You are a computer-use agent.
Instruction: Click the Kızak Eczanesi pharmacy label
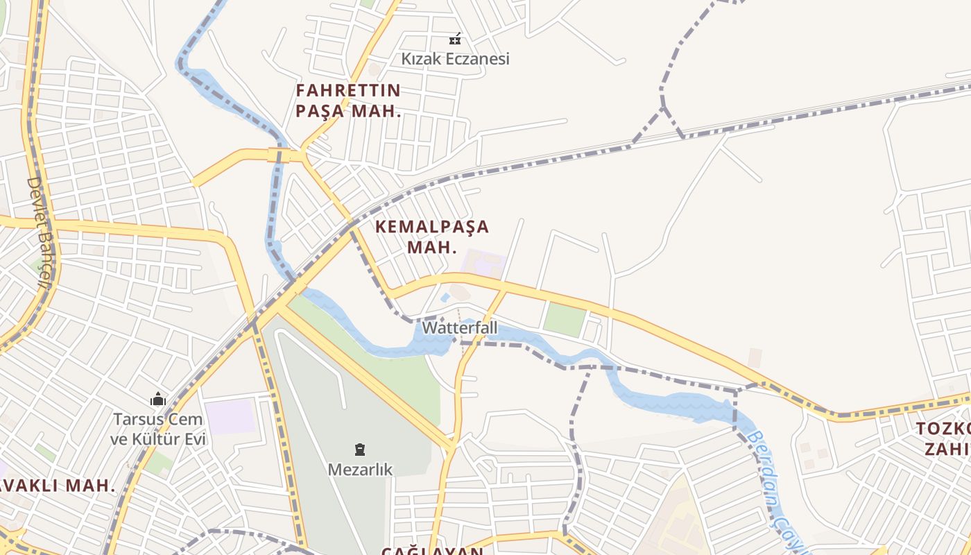coord(455,58)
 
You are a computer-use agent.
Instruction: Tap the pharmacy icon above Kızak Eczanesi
coord(455,39)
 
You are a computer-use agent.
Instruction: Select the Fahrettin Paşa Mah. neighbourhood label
coord(348,101)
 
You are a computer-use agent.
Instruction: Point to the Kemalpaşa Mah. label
coord(431,237)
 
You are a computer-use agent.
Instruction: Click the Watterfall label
coord(450,327)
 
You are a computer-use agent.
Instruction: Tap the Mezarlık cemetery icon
coord(360,450)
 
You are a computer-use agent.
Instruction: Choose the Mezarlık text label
coord(360,470)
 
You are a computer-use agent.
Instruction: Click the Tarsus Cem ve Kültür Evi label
coord(158,429)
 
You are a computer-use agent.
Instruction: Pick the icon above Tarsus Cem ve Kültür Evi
coord(158,400)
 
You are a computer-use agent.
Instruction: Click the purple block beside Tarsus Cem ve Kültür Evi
coord(231,416)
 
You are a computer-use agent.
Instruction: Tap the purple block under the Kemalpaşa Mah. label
coord(483,264)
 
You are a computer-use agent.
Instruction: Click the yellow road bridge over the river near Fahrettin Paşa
coord(279,155)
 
